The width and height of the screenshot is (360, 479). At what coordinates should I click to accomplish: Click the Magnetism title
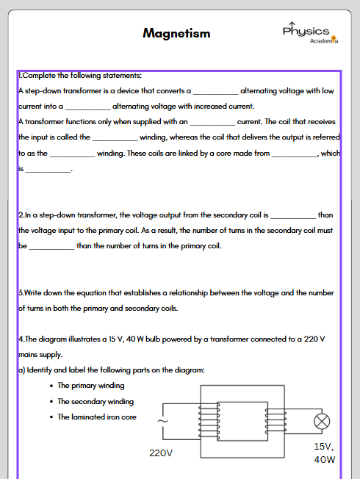coord(176,33)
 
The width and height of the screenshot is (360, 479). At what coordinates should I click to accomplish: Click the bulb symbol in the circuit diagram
coord(322,422)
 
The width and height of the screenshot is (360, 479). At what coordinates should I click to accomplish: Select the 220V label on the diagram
coord(160,453)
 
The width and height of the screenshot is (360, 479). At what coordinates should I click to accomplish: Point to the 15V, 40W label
coord(324,453)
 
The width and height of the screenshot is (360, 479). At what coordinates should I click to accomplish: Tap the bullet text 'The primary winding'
coord(91,386)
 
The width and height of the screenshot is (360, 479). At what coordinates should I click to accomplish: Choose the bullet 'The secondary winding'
coord(96,401)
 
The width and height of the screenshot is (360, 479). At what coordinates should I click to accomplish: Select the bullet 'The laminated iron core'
coord(97,417)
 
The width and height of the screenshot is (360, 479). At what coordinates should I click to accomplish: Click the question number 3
coord(20,293)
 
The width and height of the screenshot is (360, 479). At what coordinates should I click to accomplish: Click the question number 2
coord(20,215)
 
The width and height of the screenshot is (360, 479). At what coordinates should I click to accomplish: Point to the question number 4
coord(20,339)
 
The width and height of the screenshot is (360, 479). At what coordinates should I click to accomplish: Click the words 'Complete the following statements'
coord(82,76)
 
